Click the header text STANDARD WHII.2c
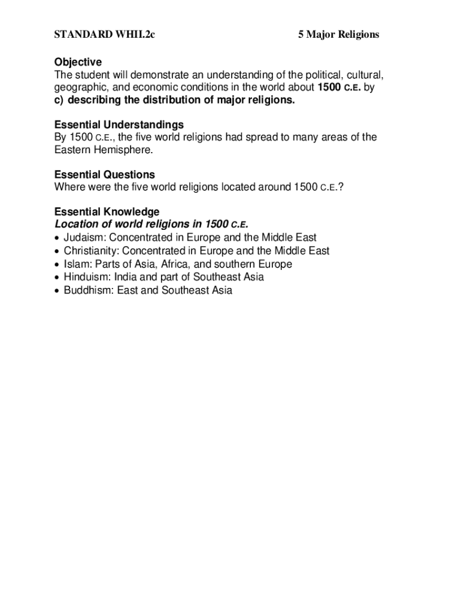105,35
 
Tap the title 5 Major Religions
339,35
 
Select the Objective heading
78,62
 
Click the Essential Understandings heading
119,125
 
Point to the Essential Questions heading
104,175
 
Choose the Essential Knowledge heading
107,212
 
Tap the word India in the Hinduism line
126,277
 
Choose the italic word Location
77,224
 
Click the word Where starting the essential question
69,187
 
